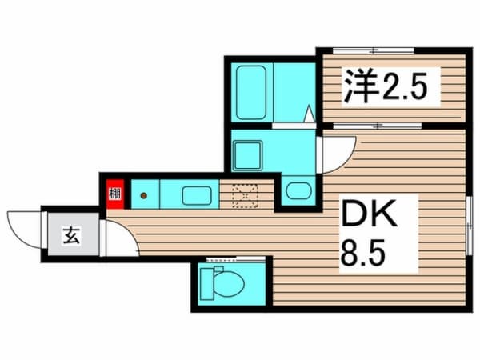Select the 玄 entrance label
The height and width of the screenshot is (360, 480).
[71, 236]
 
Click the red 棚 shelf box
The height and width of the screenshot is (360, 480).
[115, 194]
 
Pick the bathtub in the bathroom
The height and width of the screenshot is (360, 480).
[250, 91]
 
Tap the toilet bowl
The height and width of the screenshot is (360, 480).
[227, 284]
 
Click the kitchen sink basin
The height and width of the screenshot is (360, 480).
[195, 194]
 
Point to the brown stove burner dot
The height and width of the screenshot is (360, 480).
[144, 194]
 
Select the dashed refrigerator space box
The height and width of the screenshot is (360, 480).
[246, 194]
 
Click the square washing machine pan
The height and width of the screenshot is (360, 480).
[248, 154]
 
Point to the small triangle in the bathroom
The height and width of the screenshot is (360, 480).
[308, 114]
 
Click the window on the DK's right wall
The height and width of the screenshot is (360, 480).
[468, 225]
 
